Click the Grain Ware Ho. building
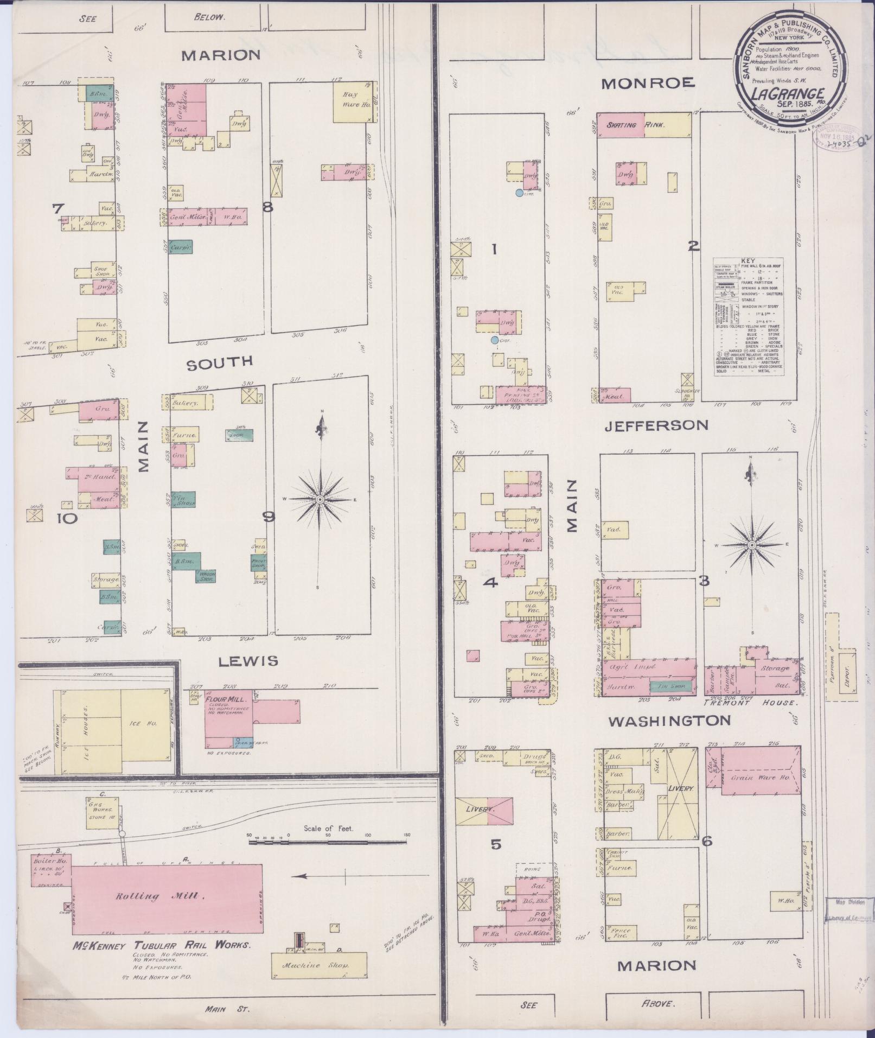coord(759,778)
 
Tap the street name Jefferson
coord(656,425)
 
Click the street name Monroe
coord(648,82)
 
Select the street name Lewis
coord(248,660)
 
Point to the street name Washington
coord(669,721)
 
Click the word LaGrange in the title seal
coord(788,93)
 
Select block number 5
coord(495,845)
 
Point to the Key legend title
coord(748,260)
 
